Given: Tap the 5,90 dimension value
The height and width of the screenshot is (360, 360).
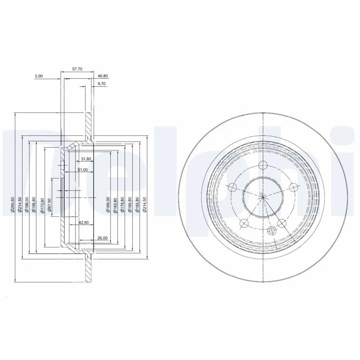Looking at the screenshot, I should tap(39, 76).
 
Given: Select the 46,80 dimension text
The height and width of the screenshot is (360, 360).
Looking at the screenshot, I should tap(103, 76).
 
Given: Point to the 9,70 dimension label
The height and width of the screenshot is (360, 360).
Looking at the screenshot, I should tap(102, 84).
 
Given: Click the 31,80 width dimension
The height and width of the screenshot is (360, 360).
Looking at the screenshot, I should tap(86, 159).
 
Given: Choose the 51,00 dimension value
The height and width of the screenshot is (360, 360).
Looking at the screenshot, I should tap(82, 170).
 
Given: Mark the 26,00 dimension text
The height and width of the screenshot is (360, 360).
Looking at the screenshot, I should tap(102, 238).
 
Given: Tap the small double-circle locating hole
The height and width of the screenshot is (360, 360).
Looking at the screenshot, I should tap(271, 230).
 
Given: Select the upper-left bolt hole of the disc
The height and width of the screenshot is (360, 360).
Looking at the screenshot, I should tap(232, 187).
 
